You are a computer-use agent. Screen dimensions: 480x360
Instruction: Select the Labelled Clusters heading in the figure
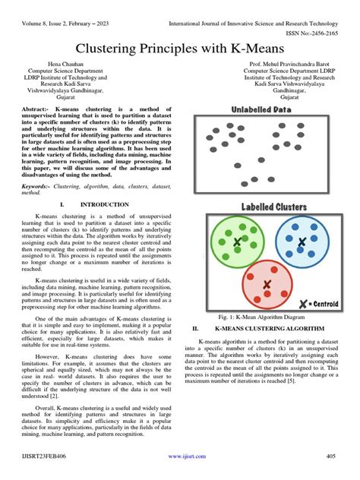point(274,207)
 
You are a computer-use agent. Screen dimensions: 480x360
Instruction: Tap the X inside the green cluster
point(237,242)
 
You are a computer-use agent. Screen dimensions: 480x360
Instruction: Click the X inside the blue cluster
point(302,242)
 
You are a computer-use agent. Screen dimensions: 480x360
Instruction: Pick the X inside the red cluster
point(267,284)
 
